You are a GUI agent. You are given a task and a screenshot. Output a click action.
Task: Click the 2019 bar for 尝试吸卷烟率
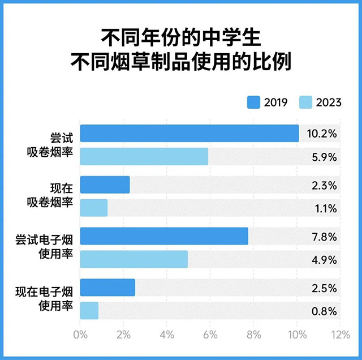point(189,134)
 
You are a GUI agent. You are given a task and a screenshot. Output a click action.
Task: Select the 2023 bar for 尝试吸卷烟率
point(144,156)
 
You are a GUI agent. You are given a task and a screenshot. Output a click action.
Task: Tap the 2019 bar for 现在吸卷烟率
point(105,185)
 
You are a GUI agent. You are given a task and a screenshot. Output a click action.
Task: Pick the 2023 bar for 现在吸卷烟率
point(94,208)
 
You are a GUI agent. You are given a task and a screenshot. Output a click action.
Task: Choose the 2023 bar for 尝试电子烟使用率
point(134,259)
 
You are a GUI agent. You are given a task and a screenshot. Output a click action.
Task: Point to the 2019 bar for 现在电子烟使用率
point(107,288)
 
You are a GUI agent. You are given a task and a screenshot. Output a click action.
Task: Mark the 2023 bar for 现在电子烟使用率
point(89,310)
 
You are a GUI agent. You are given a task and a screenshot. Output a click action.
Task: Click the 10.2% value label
point(323,134)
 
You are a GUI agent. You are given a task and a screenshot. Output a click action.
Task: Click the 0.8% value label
point(325,311)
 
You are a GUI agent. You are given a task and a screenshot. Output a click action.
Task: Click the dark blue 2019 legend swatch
point(253,102)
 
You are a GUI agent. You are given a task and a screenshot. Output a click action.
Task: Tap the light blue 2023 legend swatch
point(305,102)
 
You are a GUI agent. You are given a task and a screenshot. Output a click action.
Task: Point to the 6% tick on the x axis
point(210,335)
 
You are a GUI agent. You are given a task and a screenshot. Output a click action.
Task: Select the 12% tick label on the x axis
point(339,335)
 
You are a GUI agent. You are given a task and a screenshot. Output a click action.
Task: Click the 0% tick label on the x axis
point(81,335)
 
